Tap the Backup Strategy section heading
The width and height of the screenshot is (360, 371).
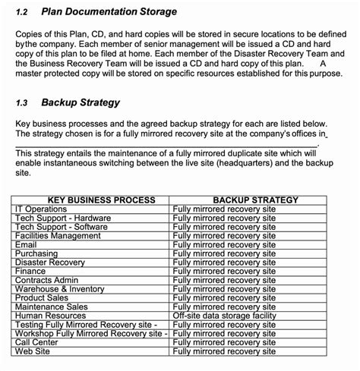(80, 102)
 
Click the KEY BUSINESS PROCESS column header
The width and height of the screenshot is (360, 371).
(90, 200)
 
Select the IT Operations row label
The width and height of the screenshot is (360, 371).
(41, 209)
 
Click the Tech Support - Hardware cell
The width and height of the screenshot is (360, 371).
(63, 219)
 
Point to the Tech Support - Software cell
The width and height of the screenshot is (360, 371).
(62, 227)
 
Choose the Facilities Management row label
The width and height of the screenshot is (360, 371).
(58, 236)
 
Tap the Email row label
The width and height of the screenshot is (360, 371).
(26, 245)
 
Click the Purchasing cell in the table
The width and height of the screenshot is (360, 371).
(36, 253)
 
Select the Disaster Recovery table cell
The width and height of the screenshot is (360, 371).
(50, 263)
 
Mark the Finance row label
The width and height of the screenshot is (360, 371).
(30, 271)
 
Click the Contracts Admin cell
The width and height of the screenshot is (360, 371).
(47, 280)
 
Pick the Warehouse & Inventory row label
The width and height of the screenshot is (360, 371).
(60, 289)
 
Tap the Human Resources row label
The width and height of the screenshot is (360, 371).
(50, 316)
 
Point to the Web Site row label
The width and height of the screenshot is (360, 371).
(33, 351)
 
